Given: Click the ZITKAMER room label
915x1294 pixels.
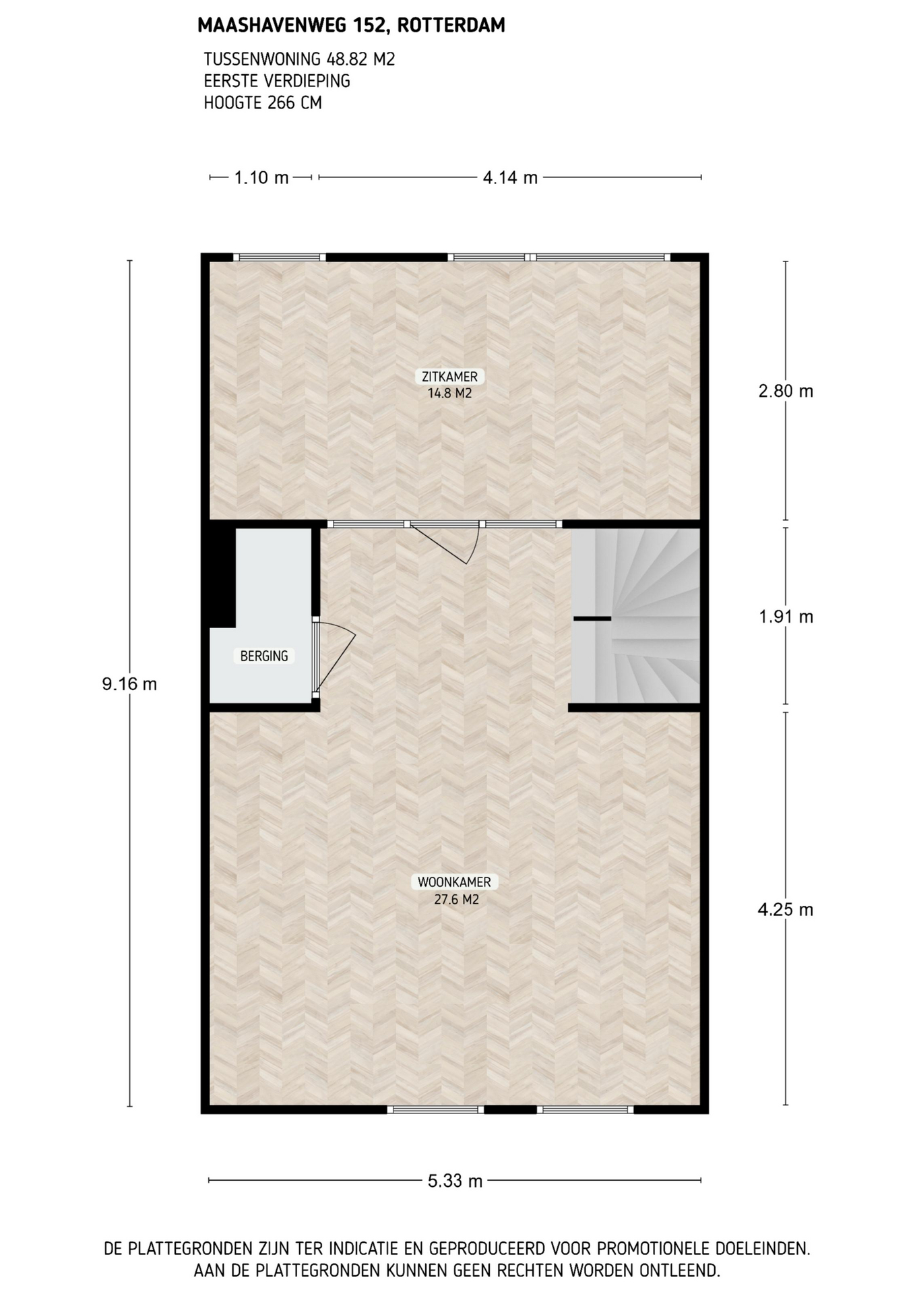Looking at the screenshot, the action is point(449,377).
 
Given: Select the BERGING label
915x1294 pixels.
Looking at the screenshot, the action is point(264,656).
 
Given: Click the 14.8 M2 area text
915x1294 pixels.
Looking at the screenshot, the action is point(449,393).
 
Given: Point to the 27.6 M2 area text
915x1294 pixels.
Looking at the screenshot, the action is point(456,899).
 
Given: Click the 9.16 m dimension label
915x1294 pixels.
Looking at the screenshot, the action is point(129,684).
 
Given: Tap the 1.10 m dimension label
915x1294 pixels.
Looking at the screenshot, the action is point(261,177).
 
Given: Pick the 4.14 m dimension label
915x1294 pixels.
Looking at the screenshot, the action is point(510,177).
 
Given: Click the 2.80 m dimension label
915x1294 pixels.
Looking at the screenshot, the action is point(786,391).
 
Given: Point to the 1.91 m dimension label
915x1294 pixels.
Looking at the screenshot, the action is point(786,617).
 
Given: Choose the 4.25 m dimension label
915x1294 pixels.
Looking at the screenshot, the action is point(786,910).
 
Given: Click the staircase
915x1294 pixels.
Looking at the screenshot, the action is point(636,616).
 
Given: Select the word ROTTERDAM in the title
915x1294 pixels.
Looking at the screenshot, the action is point(451,26).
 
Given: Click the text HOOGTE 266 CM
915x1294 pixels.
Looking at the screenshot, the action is point(263,103).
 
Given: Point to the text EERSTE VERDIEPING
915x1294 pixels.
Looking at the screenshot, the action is point(277,81).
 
